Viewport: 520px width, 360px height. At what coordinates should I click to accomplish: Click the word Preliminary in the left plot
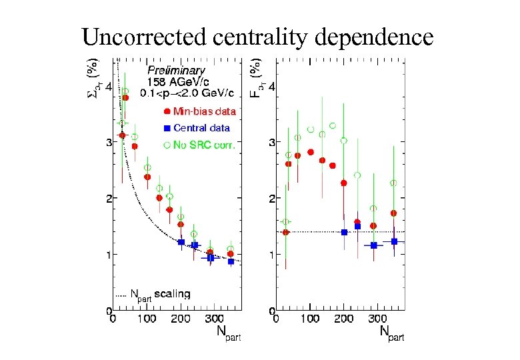176,70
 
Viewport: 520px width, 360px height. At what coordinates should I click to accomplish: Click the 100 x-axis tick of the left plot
147,319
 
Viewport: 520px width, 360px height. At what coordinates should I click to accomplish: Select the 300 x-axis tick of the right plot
377,319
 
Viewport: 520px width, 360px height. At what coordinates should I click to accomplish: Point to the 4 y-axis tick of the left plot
108,87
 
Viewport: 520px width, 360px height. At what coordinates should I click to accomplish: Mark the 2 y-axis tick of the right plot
271,199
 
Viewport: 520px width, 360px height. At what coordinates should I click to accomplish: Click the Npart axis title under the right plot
391,333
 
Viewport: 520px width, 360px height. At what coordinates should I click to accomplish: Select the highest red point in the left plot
125,97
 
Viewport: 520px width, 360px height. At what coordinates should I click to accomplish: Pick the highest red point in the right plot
311,152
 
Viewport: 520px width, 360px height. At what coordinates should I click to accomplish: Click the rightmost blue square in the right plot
394,241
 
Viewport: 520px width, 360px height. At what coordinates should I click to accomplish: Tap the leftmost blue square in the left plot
181,242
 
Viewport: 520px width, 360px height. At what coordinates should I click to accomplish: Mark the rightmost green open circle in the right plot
393,183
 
